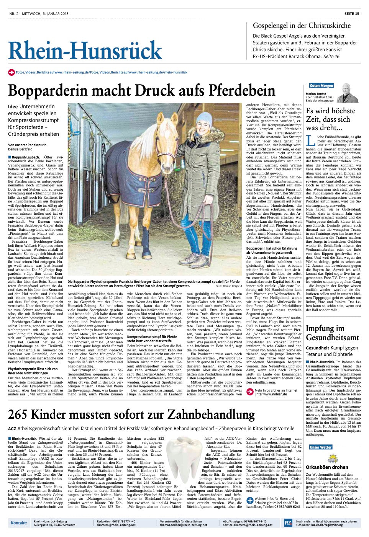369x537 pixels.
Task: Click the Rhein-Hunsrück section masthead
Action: tap(85, 50)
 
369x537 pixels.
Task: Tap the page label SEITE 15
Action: tap(351, 14)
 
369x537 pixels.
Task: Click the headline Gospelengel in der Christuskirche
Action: tap(302, 26)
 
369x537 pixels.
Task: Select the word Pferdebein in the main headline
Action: tap(242, 90)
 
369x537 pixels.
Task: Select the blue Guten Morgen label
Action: tap(321, 86)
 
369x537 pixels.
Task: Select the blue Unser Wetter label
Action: tap(321, 447)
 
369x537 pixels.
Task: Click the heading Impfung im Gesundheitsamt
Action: tap(332, 333)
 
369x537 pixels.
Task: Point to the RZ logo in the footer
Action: tap(288, 522)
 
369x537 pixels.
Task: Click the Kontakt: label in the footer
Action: tap(19, 522)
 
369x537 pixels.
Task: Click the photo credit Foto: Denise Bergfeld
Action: tap(228, 286)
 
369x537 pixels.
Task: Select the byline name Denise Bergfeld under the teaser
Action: tap(20, 149)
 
